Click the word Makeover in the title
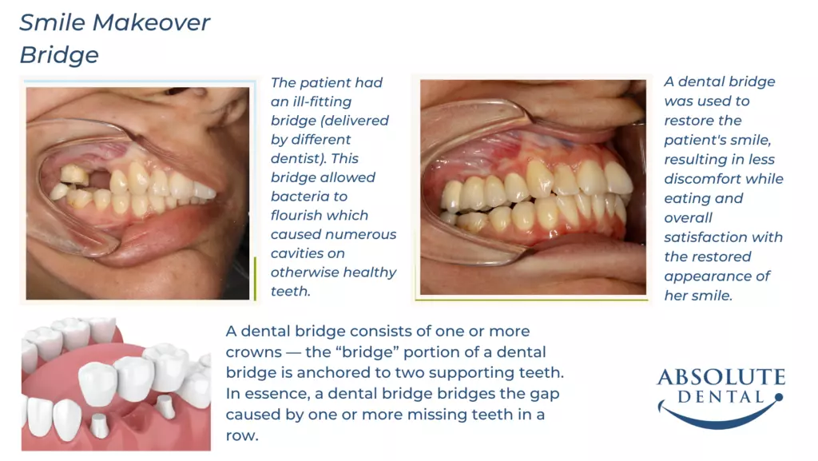pos(152,22)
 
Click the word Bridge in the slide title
pos(59,55)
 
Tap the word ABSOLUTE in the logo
pos(721,377)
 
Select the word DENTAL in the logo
pos(721,397)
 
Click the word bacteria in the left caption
pos(309,197)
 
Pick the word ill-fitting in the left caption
pos(320,102)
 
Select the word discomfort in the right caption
pos(697,179)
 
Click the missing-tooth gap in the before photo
pos(100,180)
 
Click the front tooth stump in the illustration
pos(99,426)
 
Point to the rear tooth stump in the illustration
pos(165,407)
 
